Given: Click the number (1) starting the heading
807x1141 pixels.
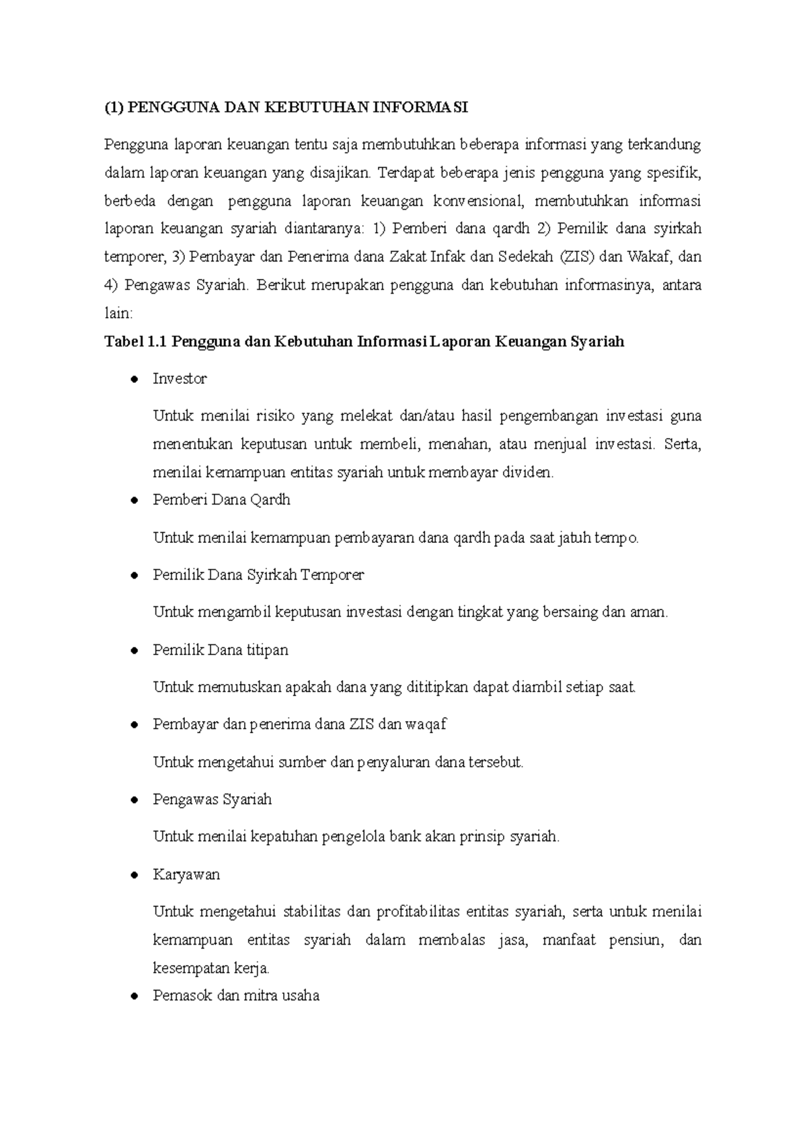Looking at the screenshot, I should tap(114, 108).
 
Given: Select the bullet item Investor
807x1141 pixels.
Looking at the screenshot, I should tap(180, 379).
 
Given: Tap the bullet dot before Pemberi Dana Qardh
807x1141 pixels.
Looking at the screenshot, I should tap(135, 501).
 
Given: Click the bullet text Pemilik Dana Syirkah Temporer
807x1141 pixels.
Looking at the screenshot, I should tap(258, 575).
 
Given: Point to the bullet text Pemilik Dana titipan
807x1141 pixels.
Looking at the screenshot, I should tap(221, 650).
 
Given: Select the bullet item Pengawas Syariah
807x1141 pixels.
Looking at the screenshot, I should tap(213, 800).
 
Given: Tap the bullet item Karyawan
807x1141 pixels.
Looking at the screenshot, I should tap(186, 875).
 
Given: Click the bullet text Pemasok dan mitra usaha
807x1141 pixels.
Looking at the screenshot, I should tap(236, 996).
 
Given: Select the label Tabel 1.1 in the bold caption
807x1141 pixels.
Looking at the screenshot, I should tap(134, 342).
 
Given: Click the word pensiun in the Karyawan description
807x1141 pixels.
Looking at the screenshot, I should tap(635, 940).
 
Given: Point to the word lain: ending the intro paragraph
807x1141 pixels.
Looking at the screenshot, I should tap(119, 313).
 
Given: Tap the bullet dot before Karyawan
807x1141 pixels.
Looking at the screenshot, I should tap(135, 876).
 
